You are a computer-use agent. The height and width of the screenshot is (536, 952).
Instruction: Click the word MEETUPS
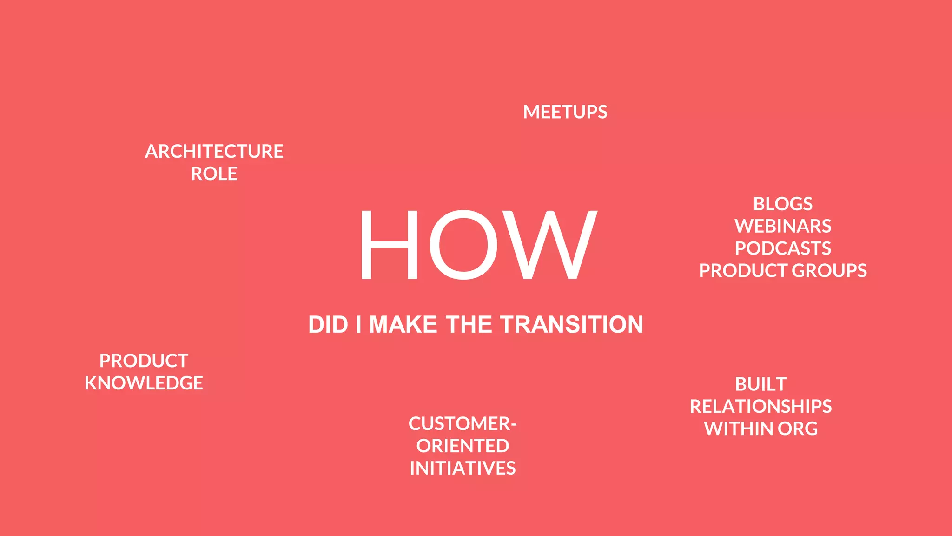565,112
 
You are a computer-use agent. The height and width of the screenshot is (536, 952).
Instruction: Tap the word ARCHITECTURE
214,152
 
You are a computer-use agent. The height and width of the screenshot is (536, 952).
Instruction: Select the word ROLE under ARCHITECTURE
214,174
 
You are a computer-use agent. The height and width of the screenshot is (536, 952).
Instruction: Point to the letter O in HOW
463,245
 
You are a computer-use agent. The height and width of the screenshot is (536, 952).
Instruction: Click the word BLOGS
783,204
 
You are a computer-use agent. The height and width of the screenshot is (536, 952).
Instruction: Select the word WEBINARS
783,226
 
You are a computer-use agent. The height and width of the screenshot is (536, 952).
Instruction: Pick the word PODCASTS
783,248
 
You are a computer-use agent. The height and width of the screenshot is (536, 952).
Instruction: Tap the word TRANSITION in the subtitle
572,325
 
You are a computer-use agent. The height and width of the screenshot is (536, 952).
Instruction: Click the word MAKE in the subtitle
403,325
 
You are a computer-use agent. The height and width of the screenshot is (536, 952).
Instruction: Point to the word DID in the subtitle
328,325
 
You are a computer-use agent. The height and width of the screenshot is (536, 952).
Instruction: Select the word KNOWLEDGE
144,383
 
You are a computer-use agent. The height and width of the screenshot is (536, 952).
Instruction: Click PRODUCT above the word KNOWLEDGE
144,361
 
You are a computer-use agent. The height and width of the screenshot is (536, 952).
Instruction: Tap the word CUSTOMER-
463,424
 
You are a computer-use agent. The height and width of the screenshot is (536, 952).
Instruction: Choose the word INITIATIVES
463,469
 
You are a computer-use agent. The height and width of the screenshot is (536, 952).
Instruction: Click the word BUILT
760,384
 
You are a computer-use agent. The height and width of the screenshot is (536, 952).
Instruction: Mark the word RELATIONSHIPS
760,407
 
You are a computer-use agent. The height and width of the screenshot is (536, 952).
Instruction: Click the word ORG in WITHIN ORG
798,429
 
